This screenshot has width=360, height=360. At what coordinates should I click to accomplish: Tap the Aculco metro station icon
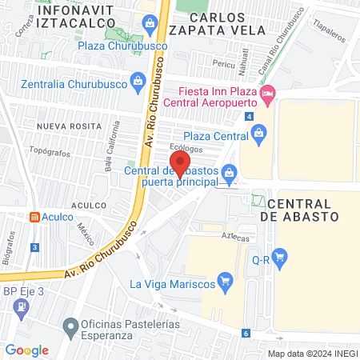click(x=34, y=217)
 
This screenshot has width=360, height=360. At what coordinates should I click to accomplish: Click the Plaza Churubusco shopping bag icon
click(x=149, y=24)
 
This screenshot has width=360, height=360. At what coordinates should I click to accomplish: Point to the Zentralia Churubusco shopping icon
click(x=139, y=80)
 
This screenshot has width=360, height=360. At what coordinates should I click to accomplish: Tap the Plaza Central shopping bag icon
click(x=258, y=134)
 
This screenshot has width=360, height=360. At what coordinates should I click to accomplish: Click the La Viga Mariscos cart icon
click(x=226, y=281)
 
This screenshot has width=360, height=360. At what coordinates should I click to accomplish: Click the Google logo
click(x=26, y=350)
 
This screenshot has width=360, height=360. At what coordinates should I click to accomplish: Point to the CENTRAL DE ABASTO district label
click(x=303, y=210)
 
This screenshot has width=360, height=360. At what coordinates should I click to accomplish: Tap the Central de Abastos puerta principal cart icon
click(x=229, y=171)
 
